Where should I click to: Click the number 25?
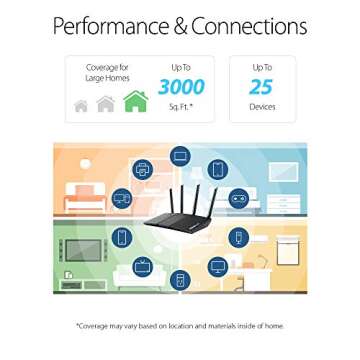click(261, 87)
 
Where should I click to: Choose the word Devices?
click(261, 105)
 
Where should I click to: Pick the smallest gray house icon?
click(80, 105)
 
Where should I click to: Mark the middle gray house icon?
click(104, 103)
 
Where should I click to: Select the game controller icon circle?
click(239, 199)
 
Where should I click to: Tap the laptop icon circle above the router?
click(179, 155)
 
